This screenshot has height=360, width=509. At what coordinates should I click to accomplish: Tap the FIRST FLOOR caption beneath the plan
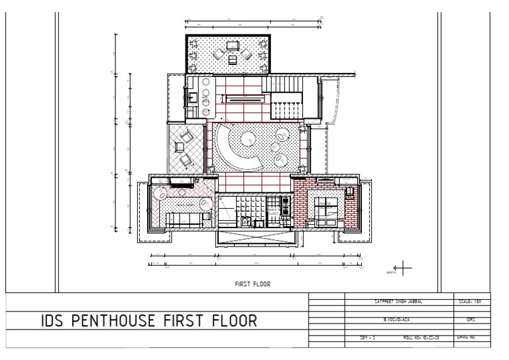pyautogui.click(x=253, y=283)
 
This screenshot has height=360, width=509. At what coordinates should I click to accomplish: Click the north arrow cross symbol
pyautogui.click(x=404, y=267)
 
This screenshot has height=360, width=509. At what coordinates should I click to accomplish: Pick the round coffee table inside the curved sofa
pyautogui.click(x=248, y=139)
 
